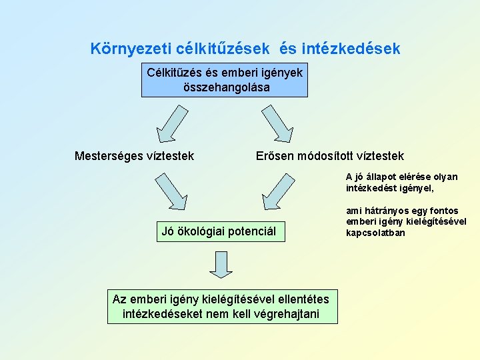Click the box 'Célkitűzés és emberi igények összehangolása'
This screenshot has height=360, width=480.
point(225,79)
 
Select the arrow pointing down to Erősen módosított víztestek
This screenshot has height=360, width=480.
point(276,123)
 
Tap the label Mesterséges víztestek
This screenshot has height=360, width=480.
point(134,156)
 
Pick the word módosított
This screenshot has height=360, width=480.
point(329,156)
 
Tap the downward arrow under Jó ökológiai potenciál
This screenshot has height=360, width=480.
point(221,264)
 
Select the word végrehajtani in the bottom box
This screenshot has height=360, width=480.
point(287,314)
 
